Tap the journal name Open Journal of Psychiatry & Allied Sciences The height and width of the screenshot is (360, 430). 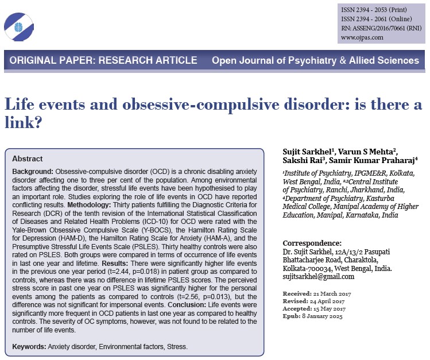tap(315, 60)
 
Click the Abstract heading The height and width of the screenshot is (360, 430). tap(27, 158)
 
